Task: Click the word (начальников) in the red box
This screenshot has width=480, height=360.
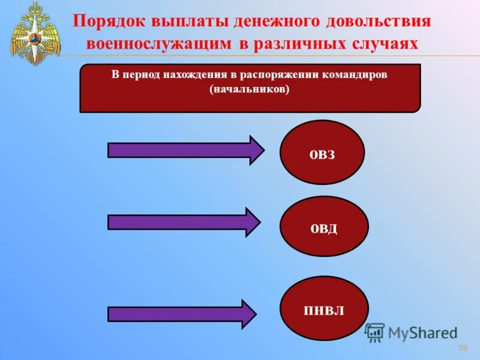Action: [250, 89]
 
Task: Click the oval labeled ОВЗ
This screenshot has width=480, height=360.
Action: [322, 152]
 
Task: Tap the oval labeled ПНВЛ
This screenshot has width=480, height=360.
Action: [324, 309]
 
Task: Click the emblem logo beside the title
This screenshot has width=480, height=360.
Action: [35, 32]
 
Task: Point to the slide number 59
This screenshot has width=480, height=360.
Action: [463, 349]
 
